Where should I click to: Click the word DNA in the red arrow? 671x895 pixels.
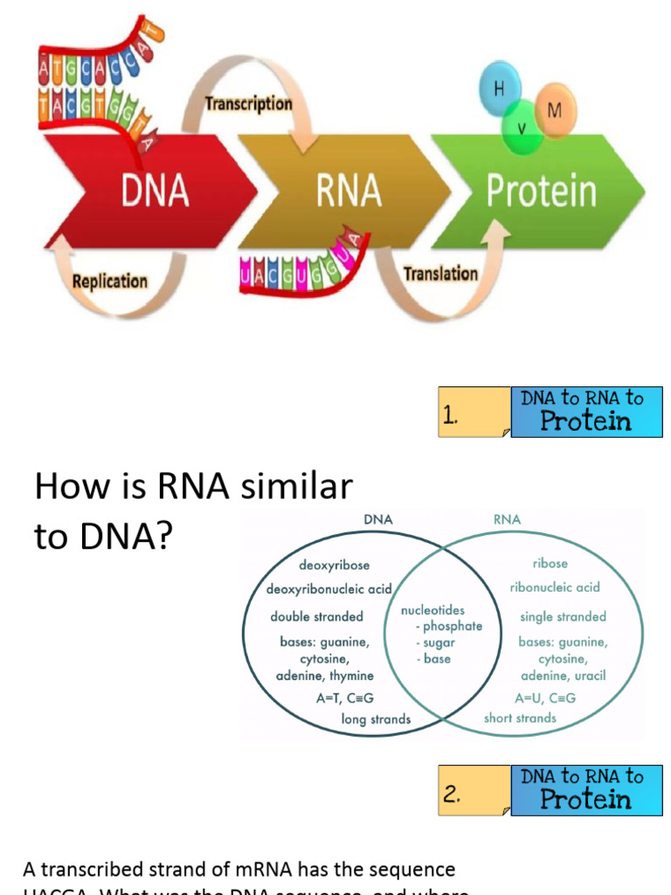click(155, 190)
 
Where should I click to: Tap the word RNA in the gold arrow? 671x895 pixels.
click(349, 190)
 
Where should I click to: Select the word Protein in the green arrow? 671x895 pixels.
click(541, 191)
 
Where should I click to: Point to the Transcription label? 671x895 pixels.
click(248, 104)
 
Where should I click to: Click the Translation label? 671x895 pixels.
click(440, 274)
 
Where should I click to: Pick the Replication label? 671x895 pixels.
click(109, 281)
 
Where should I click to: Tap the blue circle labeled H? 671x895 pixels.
click(500, 90)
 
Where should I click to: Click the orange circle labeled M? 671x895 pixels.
click(554, 110)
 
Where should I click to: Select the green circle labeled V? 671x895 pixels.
click(522, 128)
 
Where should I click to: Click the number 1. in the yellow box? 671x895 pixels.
click(451, 417)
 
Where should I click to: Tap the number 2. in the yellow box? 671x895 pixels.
click(451, 794)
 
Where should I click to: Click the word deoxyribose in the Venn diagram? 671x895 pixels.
click(334, 565)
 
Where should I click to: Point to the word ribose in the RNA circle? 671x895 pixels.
click(550, 564)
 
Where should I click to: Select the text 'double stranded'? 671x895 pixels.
click(316, 617)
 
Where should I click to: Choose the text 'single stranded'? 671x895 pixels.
click(563, 617)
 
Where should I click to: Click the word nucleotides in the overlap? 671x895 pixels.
click(432, 610)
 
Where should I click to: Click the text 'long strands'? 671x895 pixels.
click(376, 719)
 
